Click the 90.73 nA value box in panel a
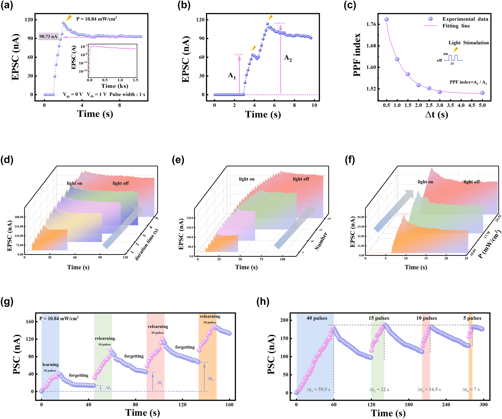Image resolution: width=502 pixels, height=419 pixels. click(x=48, y=36)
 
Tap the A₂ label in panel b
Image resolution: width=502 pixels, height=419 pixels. click(x=288, y=58)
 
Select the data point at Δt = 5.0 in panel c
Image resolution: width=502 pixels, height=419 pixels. click(x=482, y=93)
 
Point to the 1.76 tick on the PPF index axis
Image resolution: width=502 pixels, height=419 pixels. click(x=371, y=24)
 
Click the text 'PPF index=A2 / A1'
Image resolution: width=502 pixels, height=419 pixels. click(x=468, y=82)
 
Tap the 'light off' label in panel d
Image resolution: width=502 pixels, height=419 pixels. click(x=121, y=183)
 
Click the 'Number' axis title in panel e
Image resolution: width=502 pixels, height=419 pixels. click(x=321, y=241)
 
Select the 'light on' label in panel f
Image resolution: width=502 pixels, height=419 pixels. click(x=425, y=182)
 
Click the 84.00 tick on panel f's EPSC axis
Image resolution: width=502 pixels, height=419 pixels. click(x=361, y=217)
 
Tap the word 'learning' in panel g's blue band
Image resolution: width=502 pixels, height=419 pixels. click(x=51, y=364)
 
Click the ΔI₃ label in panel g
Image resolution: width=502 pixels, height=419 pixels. click(x=210, y=379)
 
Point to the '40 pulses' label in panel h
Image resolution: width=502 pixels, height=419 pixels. click(x=317, y=318)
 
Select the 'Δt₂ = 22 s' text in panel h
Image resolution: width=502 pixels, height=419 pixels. click(x=379, y=390)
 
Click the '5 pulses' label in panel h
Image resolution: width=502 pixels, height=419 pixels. click(x=472, y=318)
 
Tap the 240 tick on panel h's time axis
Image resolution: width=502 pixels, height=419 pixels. click(x=446, y=405)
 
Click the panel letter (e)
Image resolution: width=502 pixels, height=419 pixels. click(x=178, y=160)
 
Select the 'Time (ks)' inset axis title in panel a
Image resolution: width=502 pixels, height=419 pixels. click(x=115, y=86)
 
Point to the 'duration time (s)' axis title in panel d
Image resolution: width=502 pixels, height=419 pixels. click(x=147, y=244)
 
